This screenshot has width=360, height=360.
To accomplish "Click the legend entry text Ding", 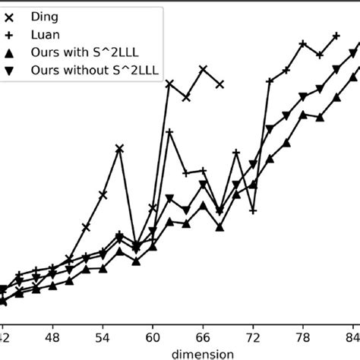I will pyautogui.click(x=44, y=15).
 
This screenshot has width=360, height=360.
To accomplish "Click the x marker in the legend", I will pyautogui.click(x=9, y=15).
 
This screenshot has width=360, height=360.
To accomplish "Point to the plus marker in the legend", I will pyautogui.click(x=9, y=33).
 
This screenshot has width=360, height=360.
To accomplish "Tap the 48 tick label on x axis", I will pyautogui.click(x=52, y=336).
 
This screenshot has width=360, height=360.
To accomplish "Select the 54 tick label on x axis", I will pyautogui.click(x=103, y=336).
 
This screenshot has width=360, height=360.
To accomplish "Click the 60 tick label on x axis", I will pyautogui.click(x=153, y=336).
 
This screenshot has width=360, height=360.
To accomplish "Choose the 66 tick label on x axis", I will pyautogui.click(x=203, y=336).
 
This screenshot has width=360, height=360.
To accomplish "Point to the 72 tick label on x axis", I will pyautogui.click(x=253, y=336).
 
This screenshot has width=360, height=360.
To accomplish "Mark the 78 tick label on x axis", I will pyautogui.click(x=303, y=336).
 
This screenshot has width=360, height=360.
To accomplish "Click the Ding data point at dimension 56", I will pyautogui.click(x=119, y=149).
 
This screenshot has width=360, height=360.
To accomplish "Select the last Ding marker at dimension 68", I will pyautogui.click(x=219, y=84).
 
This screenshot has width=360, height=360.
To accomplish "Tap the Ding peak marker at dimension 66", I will pyautogui.click(x=203, y=69).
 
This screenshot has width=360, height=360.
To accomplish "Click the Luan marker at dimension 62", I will pyautogui.click(x=169, y=132).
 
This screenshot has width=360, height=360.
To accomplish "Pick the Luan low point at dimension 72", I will pyautogui.click(x=253, y=210).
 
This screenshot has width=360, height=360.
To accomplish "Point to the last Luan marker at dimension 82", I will pyautogui.click(x=336, y=35).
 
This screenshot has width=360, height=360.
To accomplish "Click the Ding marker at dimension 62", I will pyautogui.click(x=169, y=83).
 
